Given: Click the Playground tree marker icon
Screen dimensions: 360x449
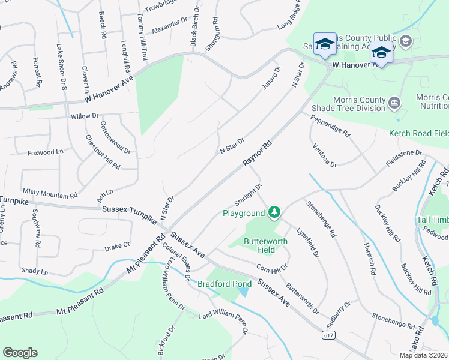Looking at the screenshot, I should [x=274, y=212].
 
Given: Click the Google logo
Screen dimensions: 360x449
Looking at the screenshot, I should [x=20, y=353].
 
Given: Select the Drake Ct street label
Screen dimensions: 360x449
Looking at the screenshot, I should [x=117, y=245].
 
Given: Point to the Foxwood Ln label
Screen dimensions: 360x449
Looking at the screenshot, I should [x=45, y=152].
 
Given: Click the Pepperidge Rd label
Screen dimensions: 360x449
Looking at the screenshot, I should [x=330, y=126].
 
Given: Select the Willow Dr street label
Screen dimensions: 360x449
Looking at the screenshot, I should [x=84, y=115].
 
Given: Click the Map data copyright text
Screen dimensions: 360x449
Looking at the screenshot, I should [x=423, y=355].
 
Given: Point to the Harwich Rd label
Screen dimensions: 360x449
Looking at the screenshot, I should [x=369, y=258].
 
